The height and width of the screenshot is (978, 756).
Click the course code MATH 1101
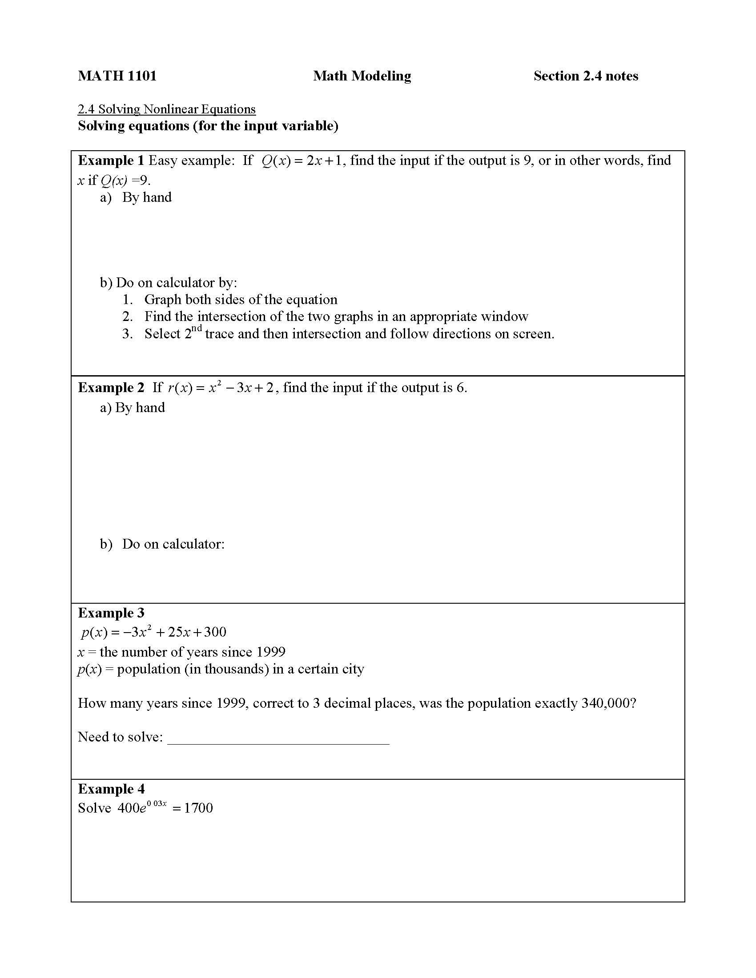pos(117,76)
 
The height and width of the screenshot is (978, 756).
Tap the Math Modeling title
pos(362,76)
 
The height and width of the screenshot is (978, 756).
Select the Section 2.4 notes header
pos(585,76)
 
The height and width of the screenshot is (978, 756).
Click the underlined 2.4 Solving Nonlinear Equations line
pos(167,109)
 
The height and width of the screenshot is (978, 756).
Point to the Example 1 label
pos(111,160)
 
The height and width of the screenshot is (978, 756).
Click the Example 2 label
pos(111,387)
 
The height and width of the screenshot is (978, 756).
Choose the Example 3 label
pos(111,613)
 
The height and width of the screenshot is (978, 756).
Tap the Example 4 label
pos(111,789)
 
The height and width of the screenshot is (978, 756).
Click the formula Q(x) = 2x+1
pos(303,161)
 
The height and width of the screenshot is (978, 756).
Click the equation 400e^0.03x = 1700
pos(165,808)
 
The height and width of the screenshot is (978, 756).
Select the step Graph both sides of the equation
pos(241,299)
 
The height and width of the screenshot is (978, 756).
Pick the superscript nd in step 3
pos(197,329)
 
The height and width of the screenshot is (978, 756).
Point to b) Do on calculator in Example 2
pos(162,544)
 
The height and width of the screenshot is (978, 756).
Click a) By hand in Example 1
pos(136,197)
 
